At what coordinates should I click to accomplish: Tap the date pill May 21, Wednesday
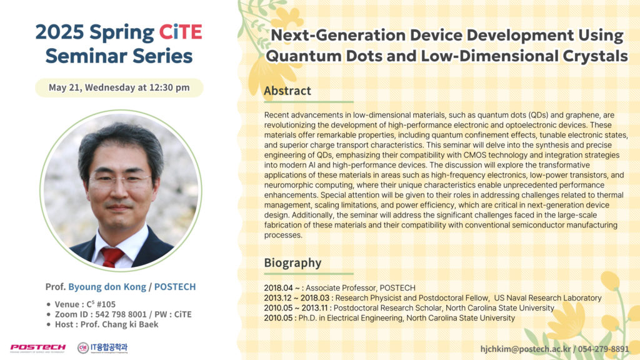pos(119,87)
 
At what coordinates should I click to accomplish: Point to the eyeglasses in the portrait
pos(119,181)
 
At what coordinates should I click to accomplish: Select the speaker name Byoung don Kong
pos(107,287)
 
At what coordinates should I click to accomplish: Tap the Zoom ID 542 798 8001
pos(121,314)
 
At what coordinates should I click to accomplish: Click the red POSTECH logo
pos(37,347)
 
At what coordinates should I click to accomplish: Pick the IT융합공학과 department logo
pos(102,347)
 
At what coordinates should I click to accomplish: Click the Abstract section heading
pos(287,91)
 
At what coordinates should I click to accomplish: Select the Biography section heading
pos(292,263)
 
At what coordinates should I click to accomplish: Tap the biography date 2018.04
pos(278,288)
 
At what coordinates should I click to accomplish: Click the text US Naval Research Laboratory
pos(547,298)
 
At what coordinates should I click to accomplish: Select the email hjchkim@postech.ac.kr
pos(526,349)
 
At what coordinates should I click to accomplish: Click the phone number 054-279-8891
pos(603,349)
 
